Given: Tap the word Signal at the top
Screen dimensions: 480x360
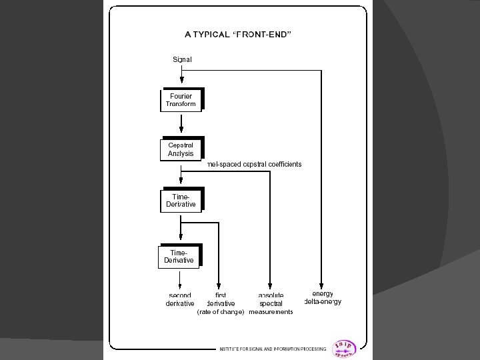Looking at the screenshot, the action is (x=182, y=59).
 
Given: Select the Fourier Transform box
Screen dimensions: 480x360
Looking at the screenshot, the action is (x=181, y=100).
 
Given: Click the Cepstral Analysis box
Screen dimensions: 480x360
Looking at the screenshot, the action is (x=181, y=149).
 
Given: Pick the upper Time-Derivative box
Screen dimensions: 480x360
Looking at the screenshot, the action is (x=181, y=200).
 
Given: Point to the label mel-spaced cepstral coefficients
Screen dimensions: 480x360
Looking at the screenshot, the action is (x=255, y=164).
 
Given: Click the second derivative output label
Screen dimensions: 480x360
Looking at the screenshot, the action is (x=180, y=299).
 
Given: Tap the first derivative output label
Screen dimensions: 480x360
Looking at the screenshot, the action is (x=221, y=299).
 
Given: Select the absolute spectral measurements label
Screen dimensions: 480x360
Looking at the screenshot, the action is (x=271, y=303).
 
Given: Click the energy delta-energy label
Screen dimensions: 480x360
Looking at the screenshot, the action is (x=323, y=297).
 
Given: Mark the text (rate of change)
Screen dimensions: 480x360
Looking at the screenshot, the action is (x=221, y=312).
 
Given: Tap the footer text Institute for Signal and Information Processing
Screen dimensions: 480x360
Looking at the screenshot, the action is (x=273, y=349).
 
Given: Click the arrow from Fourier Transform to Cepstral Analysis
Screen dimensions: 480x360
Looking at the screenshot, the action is (x=181, y=124).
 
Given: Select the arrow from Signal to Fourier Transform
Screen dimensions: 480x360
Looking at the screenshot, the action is (x=181, y=75).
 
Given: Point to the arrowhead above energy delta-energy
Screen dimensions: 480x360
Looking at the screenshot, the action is (x=322, y=285).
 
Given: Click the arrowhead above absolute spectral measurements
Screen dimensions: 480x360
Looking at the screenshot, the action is (x=270, y=285).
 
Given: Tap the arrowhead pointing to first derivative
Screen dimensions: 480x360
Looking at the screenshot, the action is (x=219, y=285).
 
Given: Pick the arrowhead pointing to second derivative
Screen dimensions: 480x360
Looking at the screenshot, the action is (x=181, y=285).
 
